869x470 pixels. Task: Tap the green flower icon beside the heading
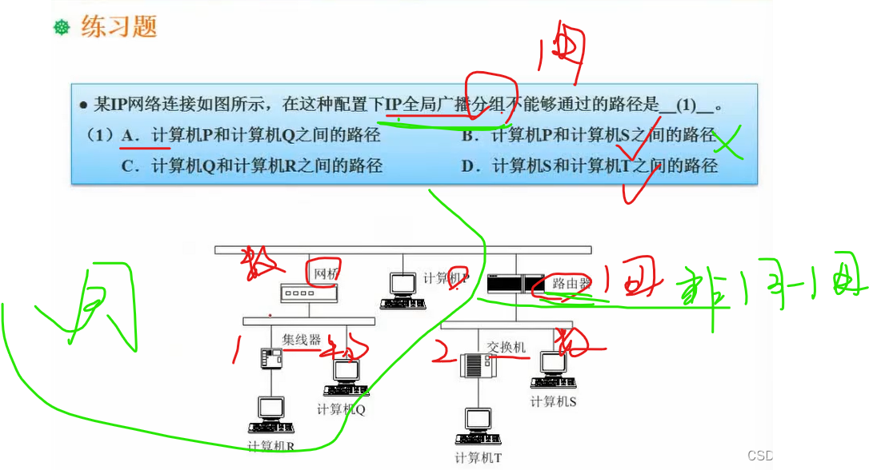[62, 29]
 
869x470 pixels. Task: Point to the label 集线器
[301, 340]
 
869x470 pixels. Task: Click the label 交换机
[506, 347]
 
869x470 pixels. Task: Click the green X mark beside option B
[727, 144]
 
